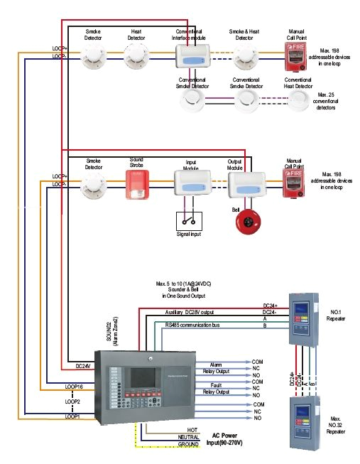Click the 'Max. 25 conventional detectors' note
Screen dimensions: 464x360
tap(327, 102)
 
